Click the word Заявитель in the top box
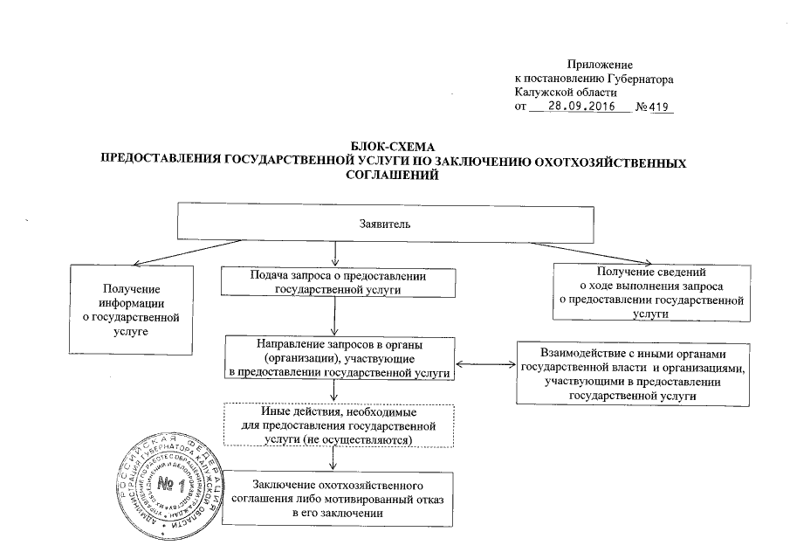[386, 223]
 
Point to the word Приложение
[600, 64]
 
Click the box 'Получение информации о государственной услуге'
[130, 310]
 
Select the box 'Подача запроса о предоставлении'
[337, 282]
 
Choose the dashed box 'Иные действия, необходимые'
[337, 425]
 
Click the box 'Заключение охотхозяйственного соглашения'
[337, 499]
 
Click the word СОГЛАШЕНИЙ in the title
[388, 175]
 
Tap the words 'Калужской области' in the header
[565, 93]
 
